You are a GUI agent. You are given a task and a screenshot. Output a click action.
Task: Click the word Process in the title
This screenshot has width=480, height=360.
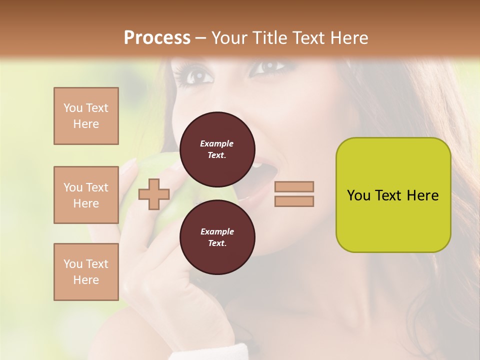pyautogui.click(x=157, y=38)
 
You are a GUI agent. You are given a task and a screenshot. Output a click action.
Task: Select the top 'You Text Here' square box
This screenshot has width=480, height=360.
pyautogui.click(x=86, y=116)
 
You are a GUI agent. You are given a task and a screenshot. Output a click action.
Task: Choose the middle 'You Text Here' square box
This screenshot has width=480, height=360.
pyautogui.click(x=86, y=195)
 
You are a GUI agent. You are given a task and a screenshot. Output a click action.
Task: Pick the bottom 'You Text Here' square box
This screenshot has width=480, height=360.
pyautogui.click(x=86, y=272)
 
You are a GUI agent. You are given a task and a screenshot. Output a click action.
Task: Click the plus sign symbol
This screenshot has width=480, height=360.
pyautogui.click(x=154, y=194)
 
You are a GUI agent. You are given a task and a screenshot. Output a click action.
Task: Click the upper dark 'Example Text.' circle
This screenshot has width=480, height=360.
pyautogui.click(x=217, y=149)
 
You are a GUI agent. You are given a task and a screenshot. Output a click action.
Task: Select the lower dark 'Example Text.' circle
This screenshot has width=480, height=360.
pyautogui.click(x=217, y=237)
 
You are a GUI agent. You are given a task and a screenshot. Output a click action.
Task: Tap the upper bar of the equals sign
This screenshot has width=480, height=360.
pyautogui.click(x=294, y=186)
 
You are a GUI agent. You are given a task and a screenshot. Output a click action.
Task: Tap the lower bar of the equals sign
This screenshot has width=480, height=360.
pyautogui.click(x=294, y=201)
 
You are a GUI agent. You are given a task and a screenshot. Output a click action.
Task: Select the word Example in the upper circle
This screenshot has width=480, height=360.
pyautogui.click(x=217, y=143)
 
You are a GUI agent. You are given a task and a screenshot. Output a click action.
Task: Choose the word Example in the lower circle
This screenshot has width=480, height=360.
pyautogui.click(x=217, y=231)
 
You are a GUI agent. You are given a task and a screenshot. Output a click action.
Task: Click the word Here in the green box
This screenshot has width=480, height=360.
pyautogui.click(x=423, y=195)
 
